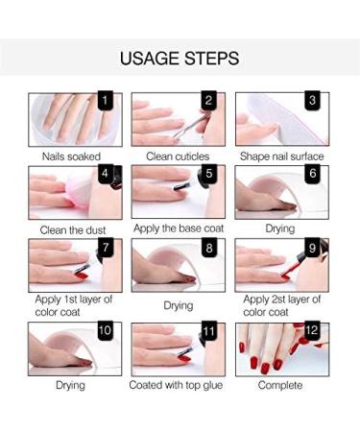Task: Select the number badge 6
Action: (312, 175)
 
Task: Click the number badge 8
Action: (208, 250)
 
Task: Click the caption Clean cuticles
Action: (179, 156)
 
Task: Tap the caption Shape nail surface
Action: (282, 156)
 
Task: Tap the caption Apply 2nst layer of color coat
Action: (281, 305)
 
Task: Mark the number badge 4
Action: (106, 175)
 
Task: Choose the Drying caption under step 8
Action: (179, 305)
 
